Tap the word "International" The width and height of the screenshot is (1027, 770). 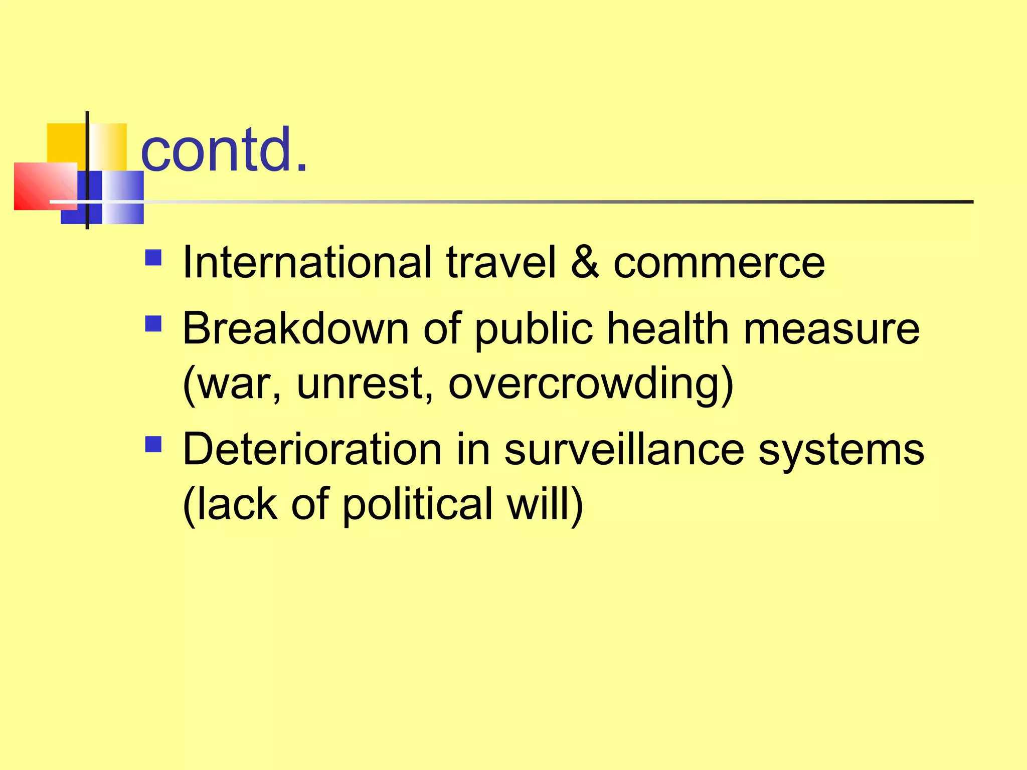click(x=307, y=262)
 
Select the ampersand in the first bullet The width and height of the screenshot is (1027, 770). click(x=585, y=262)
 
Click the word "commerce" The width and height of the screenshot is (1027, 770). click(x=719, y=263)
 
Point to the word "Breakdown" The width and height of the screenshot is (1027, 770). click(x=296, y=328)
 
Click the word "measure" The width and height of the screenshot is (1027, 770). click(x=831, y=329)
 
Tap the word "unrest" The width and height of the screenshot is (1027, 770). click(x=365, y=383)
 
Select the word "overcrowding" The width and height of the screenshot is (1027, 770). click(x=591, y=384)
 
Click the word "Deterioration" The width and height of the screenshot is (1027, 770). click(x=312, y=449)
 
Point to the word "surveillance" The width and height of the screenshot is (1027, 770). click(x=624, y=449)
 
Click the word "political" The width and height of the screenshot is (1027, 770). click(x=418, y=505)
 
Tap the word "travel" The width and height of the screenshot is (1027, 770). click(x=501, y=262)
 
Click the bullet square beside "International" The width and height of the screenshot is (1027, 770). click(x=153, y=258)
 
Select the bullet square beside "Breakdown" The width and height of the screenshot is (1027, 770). click(x=153, y=324)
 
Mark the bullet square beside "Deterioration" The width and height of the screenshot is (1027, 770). click(x=153, y=444)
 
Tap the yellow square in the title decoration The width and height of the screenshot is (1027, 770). click(x=65, y=143)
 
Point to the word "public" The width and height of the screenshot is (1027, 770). click(x=534, y=329)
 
